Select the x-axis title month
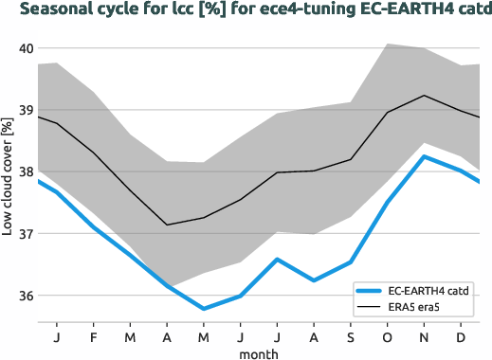point(259,352)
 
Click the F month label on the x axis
point(94,336)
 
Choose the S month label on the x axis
point(351,336)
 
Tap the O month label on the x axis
point(388,336)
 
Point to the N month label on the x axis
point(424,336)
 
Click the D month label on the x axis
point(461,336)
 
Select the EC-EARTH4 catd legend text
point(431,290)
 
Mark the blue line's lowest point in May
point(204,309)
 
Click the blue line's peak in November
point(424,156)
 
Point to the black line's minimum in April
point(167,225)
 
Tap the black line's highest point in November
point(424,96)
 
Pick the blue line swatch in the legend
point(372,290)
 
